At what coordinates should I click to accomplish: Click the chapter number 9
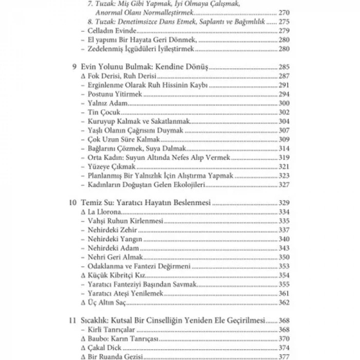tap(75, 67)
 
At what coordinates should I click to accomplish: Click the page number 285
tap(284, 67)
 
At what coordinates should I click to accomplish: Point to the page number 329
tap(284, 203)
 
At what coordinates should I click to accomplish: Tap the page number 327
tap(284, 185)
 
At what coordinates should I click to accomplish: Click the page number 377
tap(284, 356)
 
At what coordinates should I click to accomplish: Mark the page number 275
tap(284, 23)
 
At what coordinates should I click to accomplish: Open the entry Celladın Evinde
tap(107, 31)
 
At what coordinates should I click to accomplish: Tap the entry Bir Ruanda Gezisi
tap(112, 356)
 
